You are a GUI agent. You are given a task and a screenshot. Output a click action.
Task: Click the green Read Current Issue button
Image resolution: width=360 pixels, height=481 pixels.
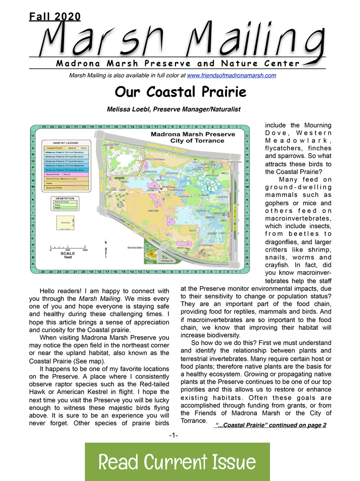click(x=177, y=462)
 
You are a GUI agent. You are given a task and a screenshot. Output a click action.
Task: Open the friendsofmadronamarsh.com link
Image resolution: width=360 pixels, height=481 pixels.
click(x=232, y=75)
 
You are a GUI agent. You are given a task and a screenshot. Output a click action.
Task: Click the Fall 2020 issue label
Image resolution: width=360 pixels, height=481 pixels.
click(x=55, y=16)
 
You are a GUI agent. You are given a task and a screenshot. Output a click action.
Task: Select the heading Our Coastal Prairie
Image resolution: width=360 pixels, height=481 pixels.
click(x=181, y=92)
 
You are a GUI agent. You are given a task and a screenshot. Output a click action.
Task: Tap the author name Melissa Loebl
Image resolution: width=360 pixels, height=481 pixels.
click(x=173, y=109)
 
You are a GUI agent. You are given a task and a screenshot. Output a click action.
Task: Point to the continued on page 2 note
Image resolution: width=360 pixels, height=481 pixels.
click(x=271, y=425)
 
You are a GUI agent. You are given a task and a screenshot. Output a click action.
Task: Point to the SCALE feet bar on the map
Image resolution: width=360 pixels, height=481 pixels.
click(x=68, y=251)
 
